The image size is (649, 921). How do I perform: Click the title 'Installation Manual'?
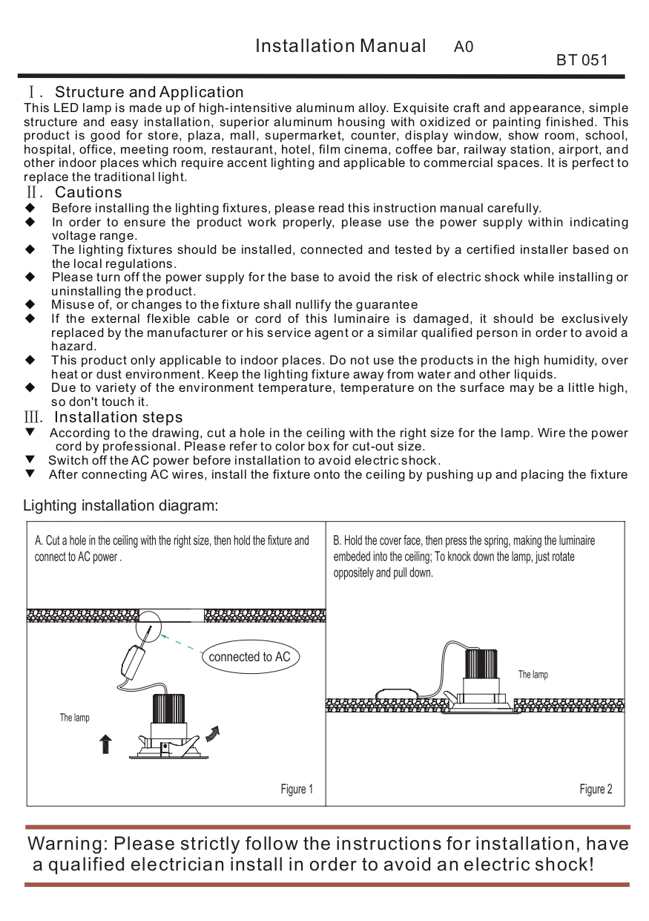(340, 46)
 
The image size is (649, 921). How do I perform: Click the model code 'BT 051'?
(582, 60)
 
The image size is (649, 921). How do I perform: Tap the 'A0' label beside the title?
(464, 47)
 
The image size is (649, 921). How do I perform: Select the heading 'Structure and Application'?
(149, 92)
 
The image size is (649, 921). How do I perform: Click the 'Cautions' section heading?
(88, 193)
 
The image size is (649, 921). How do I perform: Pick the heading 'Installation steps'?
(119, 417)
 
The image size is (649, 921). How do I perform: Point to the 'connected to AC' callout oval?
(249, 657)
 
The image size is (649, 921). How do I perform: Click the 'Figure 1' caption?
(297, 789)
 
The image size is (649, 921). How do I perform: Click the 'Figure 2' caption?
(596, 789)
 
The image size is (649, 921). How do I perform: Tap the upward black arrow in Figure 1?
(105, 744)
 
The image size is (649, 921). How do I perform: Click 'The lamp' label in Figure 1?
(75, 718)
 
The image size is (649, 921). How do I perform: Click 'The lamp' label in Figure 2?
(533, 675)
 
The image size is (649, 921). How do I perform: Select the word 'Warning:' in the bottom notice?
(68, 845)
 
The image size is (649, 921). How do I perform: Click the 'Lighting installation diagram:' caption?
(121, 506)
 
